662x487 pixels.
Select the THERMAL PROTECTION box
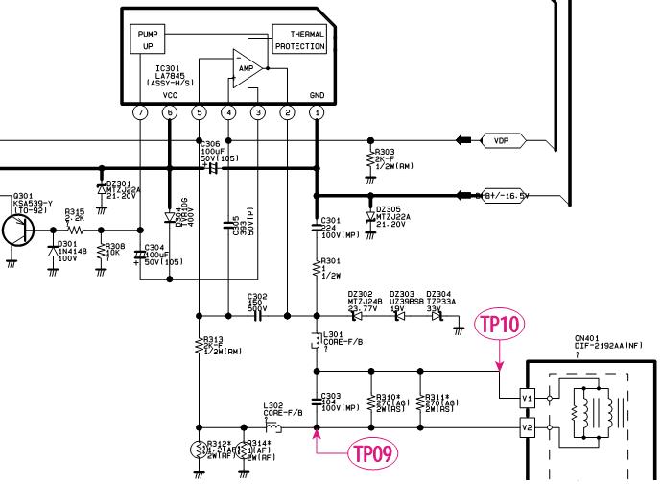pos(300,38)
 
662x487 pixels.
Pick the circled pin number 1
pos(317,113)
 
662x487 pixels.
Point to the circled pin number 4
pos(227,113)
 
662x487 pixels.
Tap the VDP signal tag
pos(500,140)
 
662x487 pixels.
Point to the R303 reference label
pos(384,151)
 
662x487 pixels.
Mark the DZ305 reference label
pos(389,208)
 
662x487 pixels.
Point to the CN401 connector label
pos(588,337)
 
